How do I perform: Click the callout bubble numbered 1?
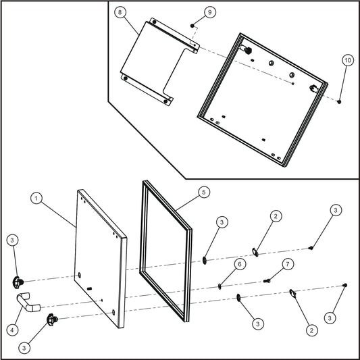pyautogui.click(x=37, y=198)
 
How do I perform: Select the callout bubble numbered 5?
pyautogui.click(x=203, y=192)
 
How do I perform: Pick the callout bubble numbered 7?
pyautogui.click(x=287, y=263)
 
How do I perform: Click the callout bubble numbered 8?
pyautogui.click(x=121, y=14)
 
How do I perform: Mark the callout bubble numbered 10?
pyautogui.click(x=347, y=60)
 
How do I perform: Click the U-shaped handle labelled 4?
pyautogui.click(x=28, y=305)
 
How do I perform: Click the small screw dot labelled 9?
pyautogui.click(x=193, y=25)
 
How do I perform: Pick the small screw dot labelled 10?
pyautogui.click(x=338, y=101)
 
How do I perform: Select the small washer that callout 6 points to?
pyautogui.click(x=221, y=286)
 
